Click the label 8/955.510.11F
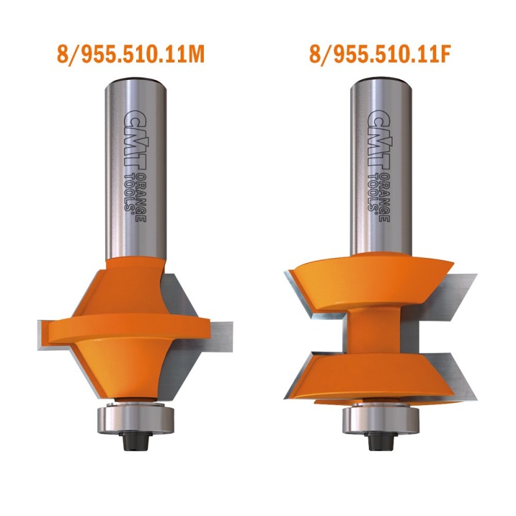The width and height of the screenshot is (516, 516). (379, 54)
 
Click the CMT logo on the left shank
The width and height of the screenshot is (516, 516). (135, 138)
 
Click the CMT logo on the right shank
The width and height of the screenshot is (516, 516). (379, 138)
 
